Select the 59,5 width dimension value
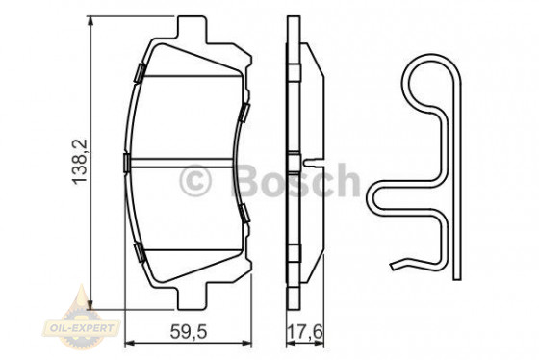point(189,334)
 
